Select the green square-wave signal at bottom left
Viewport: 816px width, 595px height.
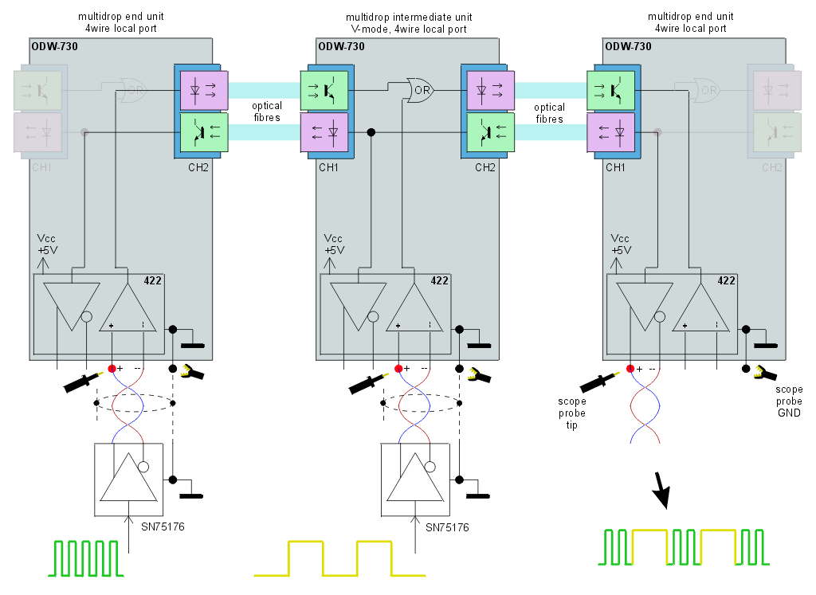point(88,558)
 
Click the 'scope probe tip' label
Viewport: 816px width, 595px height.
point(573,413)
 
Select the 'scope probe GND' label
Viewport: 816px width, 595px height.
point(788,401)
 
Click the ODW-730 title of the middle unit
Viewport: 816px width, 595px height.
point(341,46)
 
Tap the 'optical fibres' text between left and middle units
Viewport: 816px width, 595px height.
point(266,112)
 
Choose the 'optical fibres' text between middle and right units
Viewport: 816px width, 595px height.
point(549,112)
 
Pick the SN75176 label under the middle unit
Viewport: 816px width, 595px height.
point(446,527)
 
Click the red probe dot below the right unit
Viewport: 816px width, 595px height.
point(630,368)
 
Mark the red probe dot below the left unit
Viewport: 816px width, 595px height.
point(112,368)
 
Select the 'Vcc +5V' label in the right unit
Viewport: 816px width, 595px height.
point(621,244)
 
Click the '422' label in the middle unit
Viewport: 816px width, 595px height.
point(439,280)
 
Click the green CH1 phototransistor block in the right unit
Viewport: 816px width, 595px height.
point(611,90)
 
